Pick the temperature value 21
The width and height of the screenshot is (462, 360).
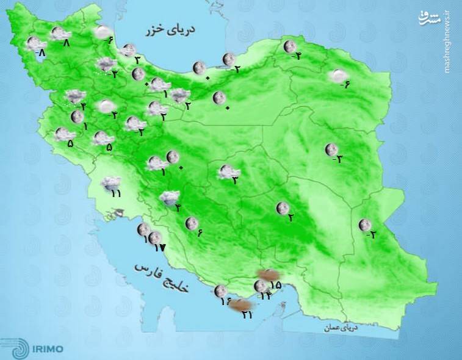coord(247,315)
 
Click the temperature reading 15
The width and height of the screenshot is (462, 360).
coord(275,285)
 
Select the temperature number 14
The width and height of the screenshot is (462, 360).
coord(265,296)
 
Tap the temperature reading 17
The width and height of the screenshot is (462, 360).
coord(160,248)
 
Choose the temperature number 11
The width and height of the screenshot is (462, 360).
coord(116,194)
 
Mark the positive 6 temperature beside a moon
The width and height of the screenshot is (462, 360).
coord(200,232)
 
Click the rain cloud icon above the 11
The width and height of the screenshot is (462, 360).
coord(111,182)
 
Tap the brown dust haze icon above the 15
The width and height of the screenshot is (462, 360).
coord(267,275)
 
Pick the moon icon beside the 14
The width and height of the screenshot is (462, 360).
coord(261,286)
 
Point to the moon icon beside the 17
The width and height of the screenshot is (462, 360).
coord(155,238)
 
